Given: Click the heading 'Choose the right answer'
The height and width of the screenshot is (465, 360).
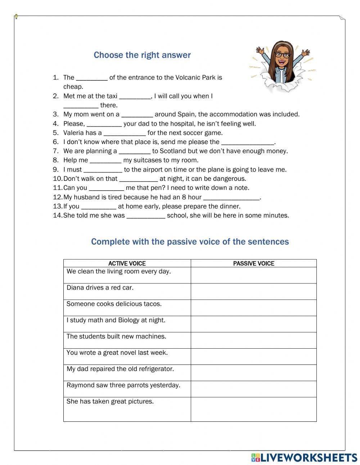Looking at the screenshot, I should coord(142,55).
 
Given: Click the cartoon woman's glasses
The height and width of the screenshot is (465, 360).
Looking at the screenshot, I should coord(282,55).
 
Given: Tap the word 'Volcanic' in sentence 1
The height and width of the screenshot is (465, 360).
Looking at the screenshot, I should coord(188,77).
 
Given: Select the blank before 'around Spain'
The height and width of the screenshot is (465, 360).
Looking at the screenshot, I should coord(137,115).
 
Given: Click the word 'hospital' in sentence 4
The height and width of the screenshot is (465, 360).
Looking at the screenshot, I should coord(171,124).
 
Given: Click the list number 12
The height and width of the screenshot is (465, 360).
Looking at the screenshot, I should coord(58,197).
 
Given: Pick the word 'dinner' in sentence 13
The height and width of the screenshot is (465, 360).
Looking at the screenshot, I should coord(229,206).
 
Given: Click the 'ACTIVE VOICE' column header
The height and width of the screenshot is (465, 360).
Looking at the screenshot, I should coord(127,264).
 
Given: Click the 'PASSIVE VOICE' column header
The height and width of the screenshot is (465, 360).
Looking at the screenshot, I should coord(254,264).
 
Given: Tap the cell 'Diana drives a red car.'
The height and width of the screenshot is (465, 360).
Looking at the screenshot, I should coord(100,288).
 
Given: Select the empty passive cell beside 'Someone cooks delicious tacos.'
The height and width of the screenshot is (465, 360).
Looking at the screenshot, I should coord(254,308).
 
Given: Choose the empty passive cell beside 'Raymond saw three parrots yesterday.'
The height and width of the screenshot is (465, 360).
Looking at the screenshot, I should coord(254,389).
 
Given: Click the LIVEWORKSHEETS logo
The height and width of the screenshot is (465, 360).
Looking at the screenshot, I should coord(304,458).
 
